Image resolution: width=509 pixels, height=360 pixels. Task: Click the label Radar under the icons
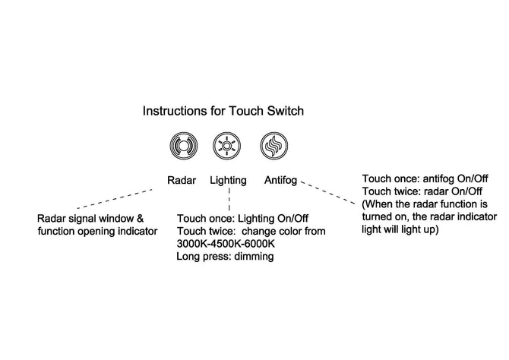[182, 181]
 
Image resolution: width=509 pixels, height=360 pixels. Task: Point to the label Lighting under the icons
[227, 181]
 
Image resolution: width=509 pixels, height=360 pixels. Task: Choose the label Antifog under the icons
[281, 181]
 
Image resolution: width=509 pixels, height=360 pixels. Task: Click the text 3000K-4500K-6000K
[224, 244]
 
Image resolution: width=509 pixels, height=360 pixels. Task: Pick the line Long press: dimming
[224, 257]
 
